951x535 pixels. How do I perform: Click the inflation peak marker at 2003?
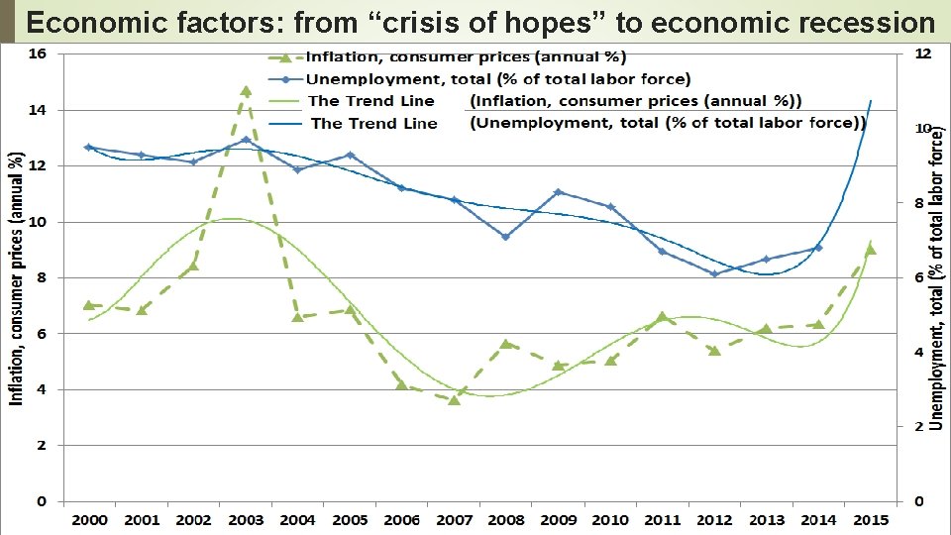tap(246, 91)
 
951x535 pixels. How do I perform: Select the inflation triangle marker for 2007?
tap(454, 400)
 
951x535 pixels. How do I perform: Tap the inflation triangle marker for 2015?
tap(870, 250)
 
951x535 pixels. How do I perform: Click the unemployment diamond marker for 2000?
tap(89, 147)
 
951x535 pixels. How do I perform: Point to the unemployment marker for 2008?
tap(505, 237)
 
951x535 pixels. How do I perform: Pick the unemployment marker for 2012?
tap(714, 273)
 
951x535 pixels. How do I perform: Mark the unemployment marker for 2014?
tap(817, 248)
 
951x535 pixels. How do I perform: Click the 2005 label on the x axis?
tap(350, 520)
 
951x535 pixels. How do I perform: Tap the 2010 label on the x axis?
tap(610, 520)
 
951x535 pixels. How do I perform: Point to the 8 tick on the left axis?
tap(41, 278)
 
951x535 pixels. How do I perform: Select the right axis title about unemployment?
tap(937, 281)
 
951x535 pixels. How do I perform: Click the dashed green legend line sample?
tap(285, 57)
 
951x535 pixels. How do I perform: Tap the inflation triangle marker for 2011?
tap(663, 317)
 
